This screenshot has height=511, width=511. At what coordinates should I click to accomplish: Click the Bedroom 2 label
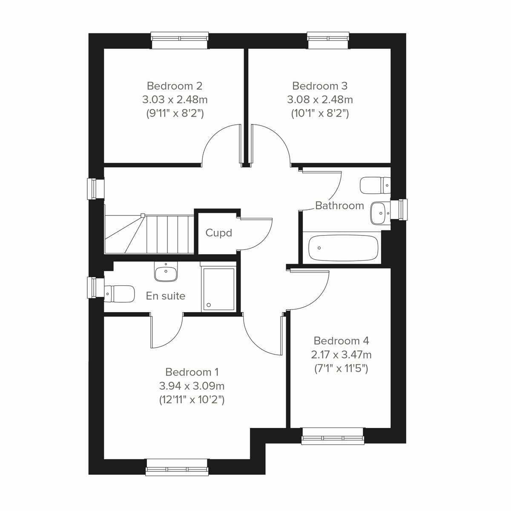[175, 86]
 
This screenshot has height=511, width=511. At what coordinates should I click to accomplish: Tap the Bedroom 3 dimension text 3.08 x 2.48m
[320, 100]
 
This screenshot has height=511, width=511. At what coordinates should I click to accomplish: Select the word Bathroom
[339, 206]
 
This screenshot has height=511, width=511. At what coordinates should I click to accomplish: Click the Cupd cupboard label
[218, 233]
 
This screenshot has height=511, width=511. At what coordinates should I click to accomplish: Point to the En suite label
[166, 296]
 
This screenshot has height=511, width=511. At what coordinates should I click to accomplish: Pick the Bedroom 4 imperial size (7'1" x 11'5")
[341, 368]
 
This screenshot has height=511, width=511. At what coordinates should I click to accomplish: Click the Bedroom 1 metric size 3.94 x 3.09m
[192, 386]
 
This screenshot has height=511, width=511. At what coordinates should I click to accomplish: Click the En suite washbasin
[166, 272]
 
